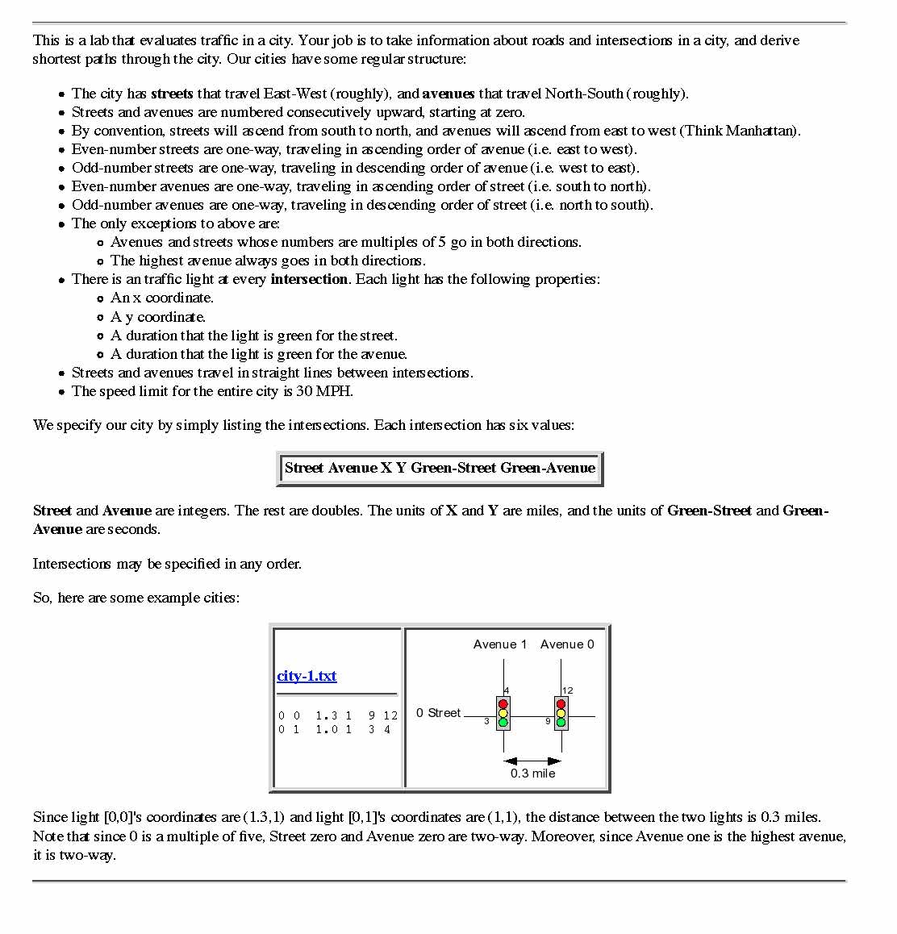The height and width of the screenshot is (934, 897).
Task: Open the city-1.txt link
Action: [307, 676]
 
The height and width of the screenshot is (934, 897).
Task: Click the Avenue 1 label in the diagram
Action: [500, 644]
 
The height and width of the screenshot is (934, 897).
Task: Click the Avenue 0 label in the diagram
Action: [567, 644]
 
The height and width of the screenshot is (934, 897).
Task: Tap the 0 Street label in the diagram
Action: [438, 713]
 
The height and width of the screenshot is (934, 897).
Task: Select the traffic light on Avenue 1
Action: [503, 714]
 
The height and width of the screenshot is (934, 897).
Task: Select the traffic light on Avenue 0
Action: [561, 714]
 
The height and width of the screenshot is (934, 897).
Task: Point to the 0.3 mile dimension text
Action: [532, 773]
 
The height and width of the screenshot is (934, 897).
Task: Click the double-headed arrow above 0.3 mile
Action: [532, 761]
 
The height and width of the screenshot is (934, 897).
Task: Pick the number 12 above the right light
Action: [568, 690]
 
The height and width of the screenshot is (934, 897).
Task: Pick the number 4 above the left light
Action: [507, 690]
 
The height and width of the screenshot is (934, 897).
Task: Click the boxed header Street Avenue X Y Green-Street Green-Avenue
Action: [440, 468]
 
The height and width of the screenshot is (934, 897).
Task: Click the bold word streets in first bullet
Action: [172, 94]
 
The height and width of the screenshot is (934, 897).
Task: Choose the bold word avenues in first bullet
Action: [448, 94]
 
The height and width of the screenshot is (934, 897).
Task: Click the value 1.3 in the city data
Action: [326, 715]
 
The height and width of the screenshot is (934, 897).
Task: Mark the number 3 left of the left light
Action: [486, 721]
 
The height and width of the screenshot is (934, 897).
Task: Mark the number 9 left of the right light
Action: [548, 721]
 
